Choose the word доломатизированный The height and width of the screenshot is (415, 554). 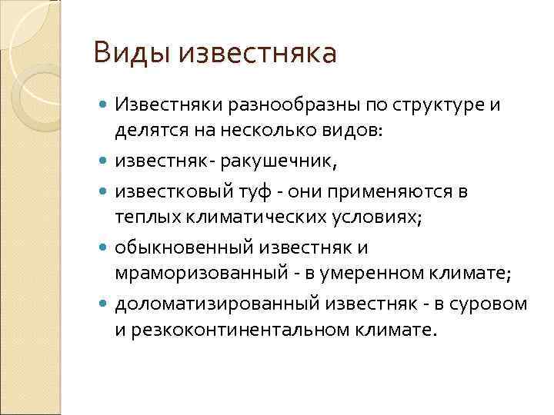(202, 304)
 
